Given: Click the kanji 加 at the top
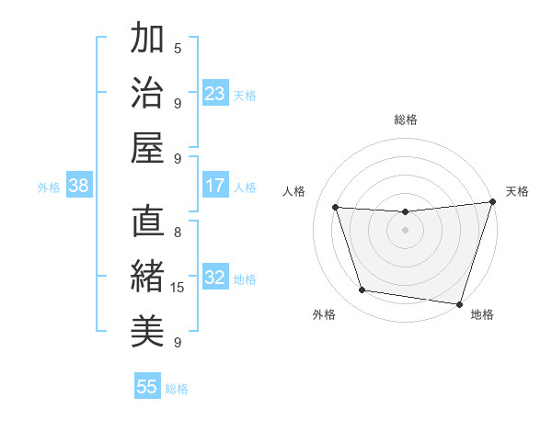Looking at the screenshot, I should pyautogui.click(x=147, y=39).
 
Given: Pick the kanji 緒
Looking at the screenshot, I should pyautogui.click(x=147, y=277).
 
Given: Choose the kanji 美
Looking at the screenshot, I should pyautogui.click(x=147, y=332).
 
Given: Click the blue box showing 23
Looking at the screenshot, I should pyautogui.click(x=215, y=94).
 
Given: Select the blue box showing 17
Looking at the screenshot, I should pyautogui.click(x=215, y=187).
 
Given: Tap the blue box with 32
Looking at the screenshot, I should pyautogui.click(x=215, y=279).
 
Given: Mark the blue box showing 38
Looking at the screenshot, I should pyautogui.click(x=78, y=187).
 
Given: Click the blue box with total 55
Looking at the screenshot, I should pyautogui.click(x=147, y=387).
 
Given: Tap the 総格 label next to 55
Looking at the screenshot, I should pyautogui.click(x=177, y=389).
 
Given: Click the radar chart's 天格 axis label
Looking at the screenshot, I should pyautogui.click(x=517, y=191).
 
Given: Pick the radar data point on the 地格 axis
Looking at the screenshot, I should pyautogui.click(x=459, y=303).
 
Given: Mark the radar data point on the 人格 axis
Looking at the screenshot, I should pyautogui.click(x=336, y=208).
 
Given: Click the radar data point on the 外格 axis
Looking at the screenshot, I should pyautogui.click(x=362, y=290).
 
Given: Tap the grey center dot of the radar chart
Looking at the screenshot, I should pyautogui.click(x=405, y=230).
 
